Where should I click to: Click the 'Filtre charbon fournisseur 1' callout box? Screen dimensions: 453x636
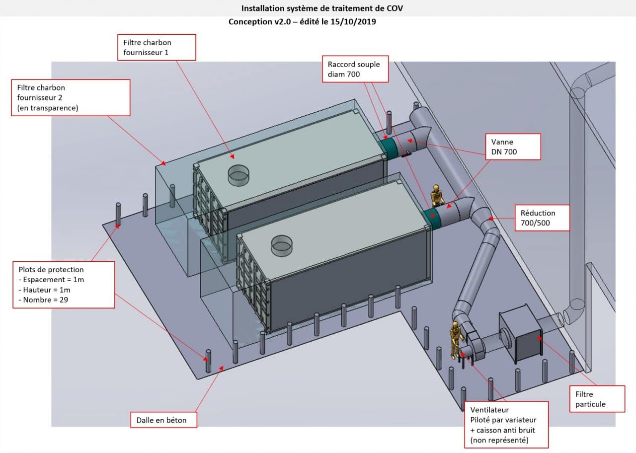(x=157, y=47)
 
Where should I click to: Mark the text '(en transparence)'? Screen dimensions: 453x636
(x=48, y=107)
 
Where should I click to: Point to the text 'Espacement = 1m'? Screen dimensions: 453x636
(x=52, y=280)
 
